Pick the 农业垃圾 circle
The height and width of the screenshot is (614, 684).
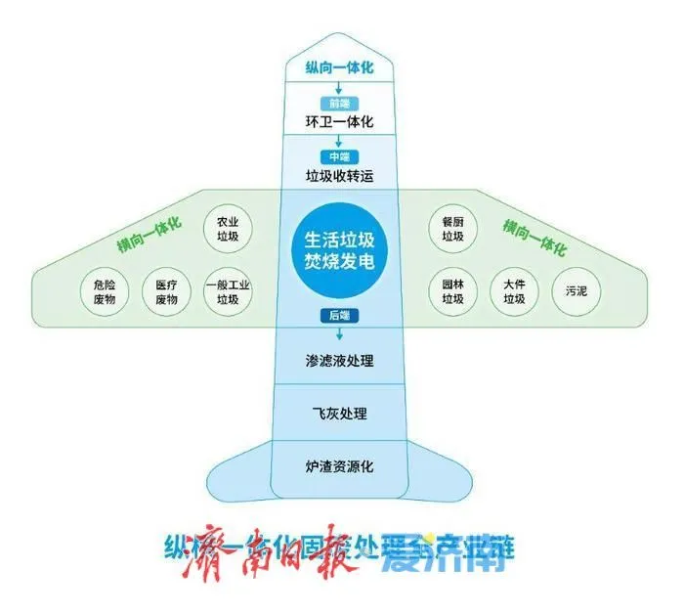[x=228, y=229]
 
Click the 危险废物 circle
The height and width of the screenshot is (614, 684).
[x=104, y=291]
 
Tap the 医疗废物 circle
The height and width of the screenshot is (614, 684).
[x=166, y=291]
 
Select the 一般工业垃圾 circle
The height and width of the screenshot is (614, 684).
[x=228, y=291]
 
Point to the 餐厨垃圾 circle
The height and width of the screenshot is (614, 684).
[x=451, y=229]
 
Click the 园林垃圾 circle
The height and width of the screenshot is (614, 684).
[x=451, y=291]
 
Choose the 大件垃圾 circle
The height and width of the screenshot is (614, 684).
[x=514, y=291]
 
